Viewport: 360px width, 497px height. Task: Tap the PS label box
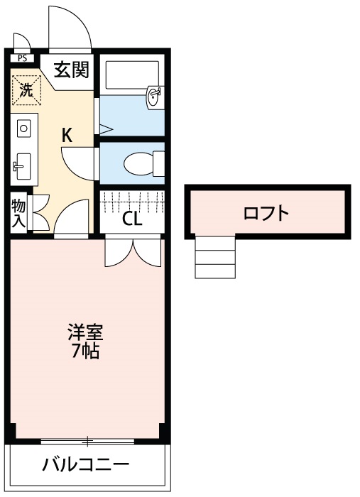(23, 58)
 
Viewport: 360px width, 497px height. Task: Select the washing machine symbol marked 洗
(26, 89)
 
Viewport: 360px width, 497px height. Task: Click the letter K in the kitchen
(66, 135)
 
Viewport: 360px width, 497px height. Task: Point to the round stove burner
(23, 129)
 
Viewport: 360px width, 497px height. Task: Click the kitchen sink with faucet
(21, 168)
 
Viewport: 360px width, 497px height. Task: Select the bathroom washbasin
(154, 97)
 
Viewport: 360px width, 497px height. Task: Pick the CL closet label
(132, 219)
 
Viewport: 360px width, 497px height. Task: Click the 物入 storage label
(18, 214)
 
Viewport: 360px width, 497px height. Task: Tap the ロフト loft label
(266, 212)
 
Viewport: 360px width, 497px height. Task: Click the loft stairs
(214, 258)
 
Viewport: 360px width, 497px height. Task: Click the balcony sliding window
(87, 442)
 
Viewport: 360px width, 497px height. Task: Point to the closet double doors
(133, 252)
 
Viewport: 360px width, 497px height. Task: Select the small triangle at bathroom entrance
(105, 129)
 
